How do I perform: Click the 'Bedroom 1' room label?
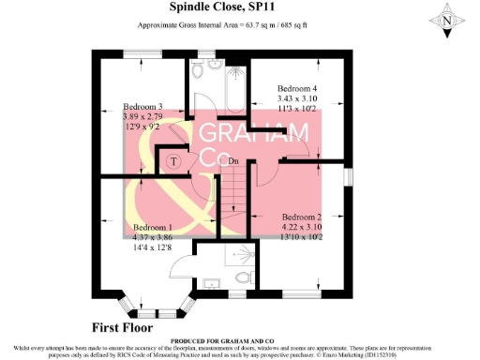click(x=153, y=228)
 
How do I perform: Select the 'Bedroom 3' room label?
click(x=143, y=107)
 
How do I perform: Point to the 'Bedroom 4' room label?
click(x=298, y=88)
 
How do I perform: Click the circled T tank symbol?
click(x=173, y=160)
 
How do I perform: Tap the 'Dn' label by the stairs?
click(x=233, y=161)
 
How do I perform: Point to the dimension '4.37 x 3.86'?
click(x=153, y=238)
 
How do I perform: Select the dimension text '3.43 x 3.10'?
click(x=298, y=98)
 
